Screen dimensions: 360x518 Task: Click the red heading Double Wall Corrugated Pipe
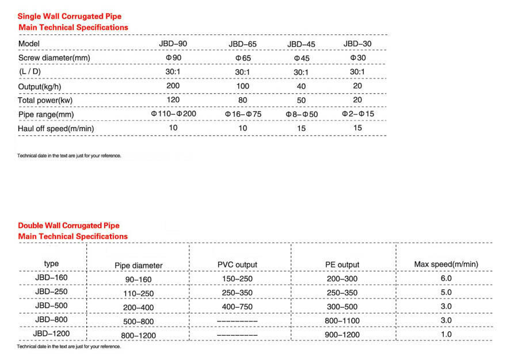tap(68, 225)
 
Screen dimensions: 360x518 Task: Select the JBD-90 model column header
tap(173, 44)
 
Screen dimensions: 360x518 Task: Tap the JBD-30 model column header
tap(357, 44)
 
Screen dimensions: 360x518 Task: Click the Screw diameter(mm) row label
tap(54, 58)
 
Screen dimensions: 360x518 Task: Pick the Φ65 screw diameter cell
tap(242, 58)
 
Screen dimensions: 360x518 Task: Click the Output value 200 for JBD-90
tap(173, 86)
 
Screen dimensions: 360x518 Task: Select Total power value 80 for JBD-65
tap(242, 100)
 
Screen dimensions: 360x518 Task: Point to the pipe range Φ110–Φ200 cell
tap(173, 114)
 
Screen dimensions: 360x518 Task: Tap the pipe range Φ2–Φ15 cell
tap(357, 114)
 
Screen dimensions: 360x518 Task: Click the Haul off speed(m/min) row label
tap(56, 128)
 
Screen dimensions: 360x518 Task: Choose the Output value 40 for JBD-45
tap(301, 86)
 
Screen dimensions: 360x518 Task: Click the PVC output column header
tap(237, 265)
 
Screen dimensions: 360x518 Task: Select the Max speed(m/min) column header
tap(446, 265)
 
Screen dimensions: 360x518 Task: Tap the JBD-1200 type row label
tap(52, 333)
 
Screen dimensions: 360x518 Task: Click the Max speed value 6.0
tap(446, 278)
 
